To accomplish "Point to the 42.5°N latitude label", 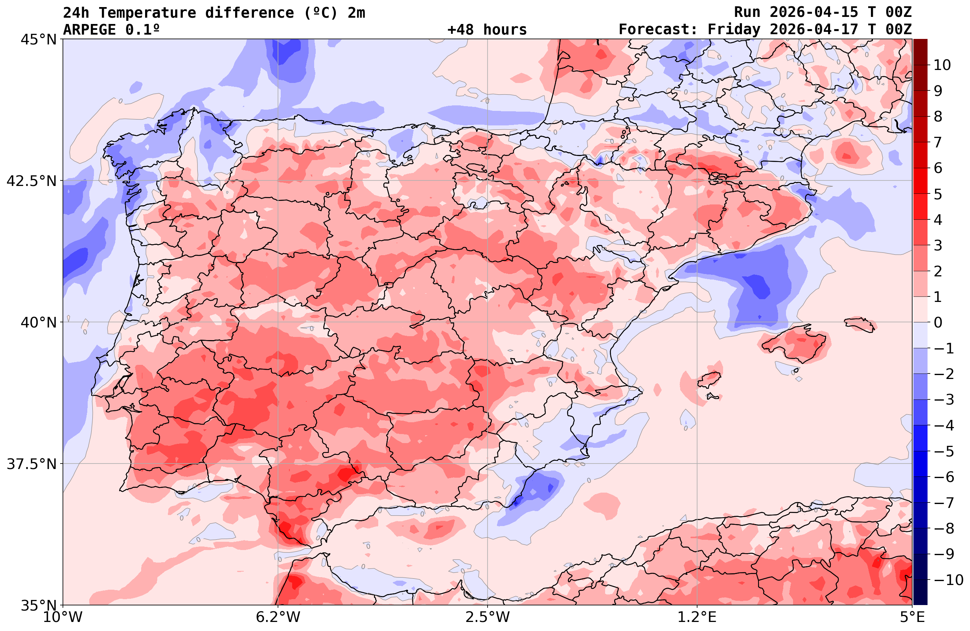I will click(x=31, y=180).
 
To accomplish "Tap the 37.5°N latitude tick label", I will click(x=31, y=464).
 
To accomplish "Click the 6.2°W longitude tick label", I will click(x=278, y=617).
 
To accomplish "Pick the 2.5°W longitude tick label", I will click(x=488, y=617).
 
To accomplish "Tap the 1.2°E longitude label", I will click(x=697, y=617).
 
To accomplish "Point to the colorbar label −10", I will click(x=948, y=579).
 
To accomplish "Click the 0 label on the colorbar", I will click(x=938, y=322).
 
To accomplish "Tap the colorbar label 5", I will click(x=938, y=194).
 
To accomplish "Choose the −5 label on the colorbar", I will click(x=944, y=451).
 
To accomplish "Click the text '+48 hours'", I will click(x=487, y=30).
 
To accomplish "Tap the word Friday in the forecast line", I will click(x=734, y=30).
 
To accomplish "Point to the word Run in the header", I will click(x=747, y=13).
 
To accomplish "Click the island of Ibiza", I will click(x=710, y=379).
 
